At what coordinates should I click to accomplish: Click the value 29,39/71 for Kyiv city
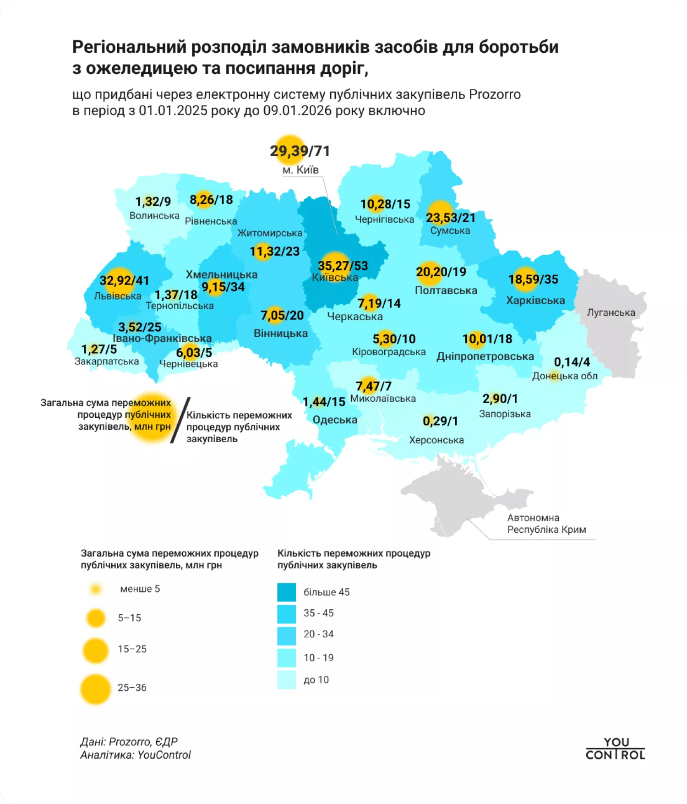(300, 151)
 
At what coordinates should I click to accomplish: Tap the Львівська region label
(118, 296)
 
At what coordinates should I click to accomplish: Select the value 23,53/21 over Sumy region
(451, 218)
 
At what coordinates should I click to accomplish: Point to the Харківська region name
(535, 301)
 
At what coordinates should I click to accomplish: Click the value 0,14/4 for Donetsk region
(572, 362)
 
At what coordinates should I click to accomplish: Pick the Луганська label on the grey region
(611, 312)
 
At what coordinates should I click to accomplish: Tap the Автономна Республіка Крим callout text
(546, 524)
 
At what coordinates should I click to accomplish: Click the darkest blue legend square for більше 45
(287, 592)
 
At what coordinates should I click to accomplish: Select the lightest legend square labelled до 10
(287, 680)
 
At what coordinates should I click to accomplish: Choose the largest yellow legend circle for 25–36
(96, 689)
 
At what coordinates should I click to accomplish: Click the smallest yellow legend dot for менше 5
(96, 589)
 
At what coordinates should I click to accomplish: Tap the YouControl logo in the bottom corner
(615, 749)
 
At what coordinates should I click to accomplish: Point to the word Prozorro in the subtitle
(495, 95)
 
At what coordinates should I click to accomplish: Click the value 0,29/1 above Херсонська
(440, 421)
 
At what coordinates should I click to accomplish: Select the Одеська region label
(335, 420)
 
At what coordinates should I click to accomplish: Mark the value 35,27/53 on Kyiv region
(343, 266)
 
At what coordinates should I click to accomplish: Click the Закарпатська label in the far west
(107, 361)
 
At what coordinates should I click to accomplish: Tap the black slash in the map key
(180, 420)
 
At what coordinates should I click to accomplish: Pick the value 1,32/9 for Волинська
(153, 202)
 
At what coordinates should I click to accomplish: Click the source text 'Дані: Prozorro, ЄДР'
(129, 742)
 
